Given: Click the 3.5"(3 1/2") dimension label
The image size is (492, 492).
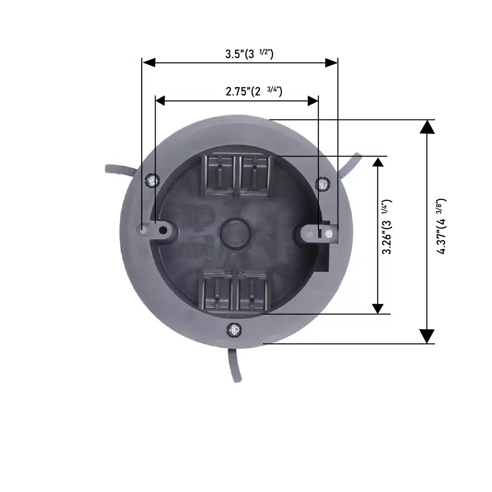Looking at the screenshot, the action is (249, 54).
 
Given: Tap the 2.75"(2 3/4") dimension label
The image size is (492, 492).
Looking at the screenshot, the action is (254, 92).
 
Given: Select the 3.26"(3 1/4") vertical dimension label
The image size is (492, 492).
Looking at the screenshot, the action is (387, 226).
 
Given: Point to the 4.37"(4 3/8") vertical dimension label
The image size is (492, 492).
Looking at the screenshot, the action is (441, 226).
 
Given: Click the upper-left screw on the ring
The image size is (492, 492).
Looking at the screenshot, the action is (152, 181).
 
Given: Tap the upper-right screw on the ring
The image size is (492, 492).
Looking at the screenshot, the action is (323, 184).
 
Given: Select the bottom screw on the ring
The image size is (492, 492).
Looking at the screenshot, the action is (234, 330).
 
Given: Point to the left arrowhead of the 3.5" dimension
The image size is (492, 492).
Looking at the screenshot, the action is (149, 62).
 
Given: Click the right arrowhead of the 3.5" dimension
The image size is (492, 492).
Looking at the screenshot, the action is (331, 63).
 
